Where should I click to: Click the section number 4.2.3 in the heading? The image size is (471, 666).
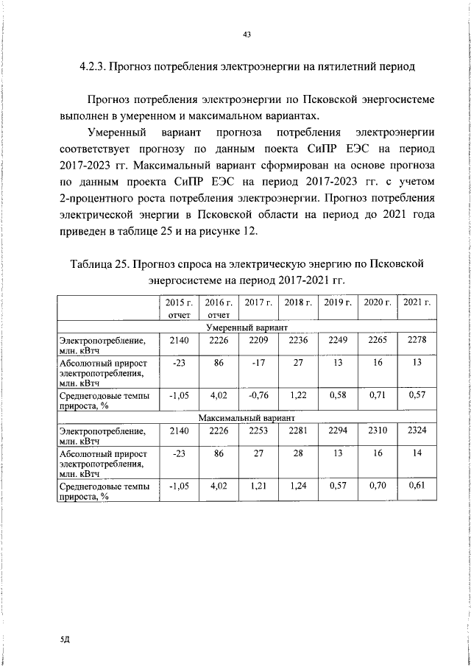coord(93,67)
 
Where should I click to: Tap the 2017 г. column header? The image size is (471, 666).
coord(258,302)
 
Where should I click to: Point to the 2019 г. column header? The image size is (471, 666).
coord(338,302)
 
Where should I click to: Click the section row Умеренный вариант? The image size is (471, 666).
coord(247,326)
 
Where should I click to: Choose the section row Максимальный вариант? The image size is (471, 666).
coord(247,417)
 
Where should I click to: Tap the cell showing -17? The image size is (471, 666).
coord(258,363)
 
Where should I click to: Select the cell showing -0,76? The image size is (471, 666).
coord(258,395)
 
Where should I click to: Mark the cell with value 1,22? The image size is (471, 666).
coord(297,395)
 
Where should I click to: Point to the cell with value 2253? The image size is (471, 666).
coord(258,431)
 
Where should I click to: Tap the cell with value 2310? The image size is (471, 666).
coord(378,431)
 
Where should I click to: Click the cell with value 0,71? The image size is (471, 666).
coord(378,395)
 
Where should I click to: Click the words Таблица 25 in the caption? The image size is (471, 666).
coord(100,263)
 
